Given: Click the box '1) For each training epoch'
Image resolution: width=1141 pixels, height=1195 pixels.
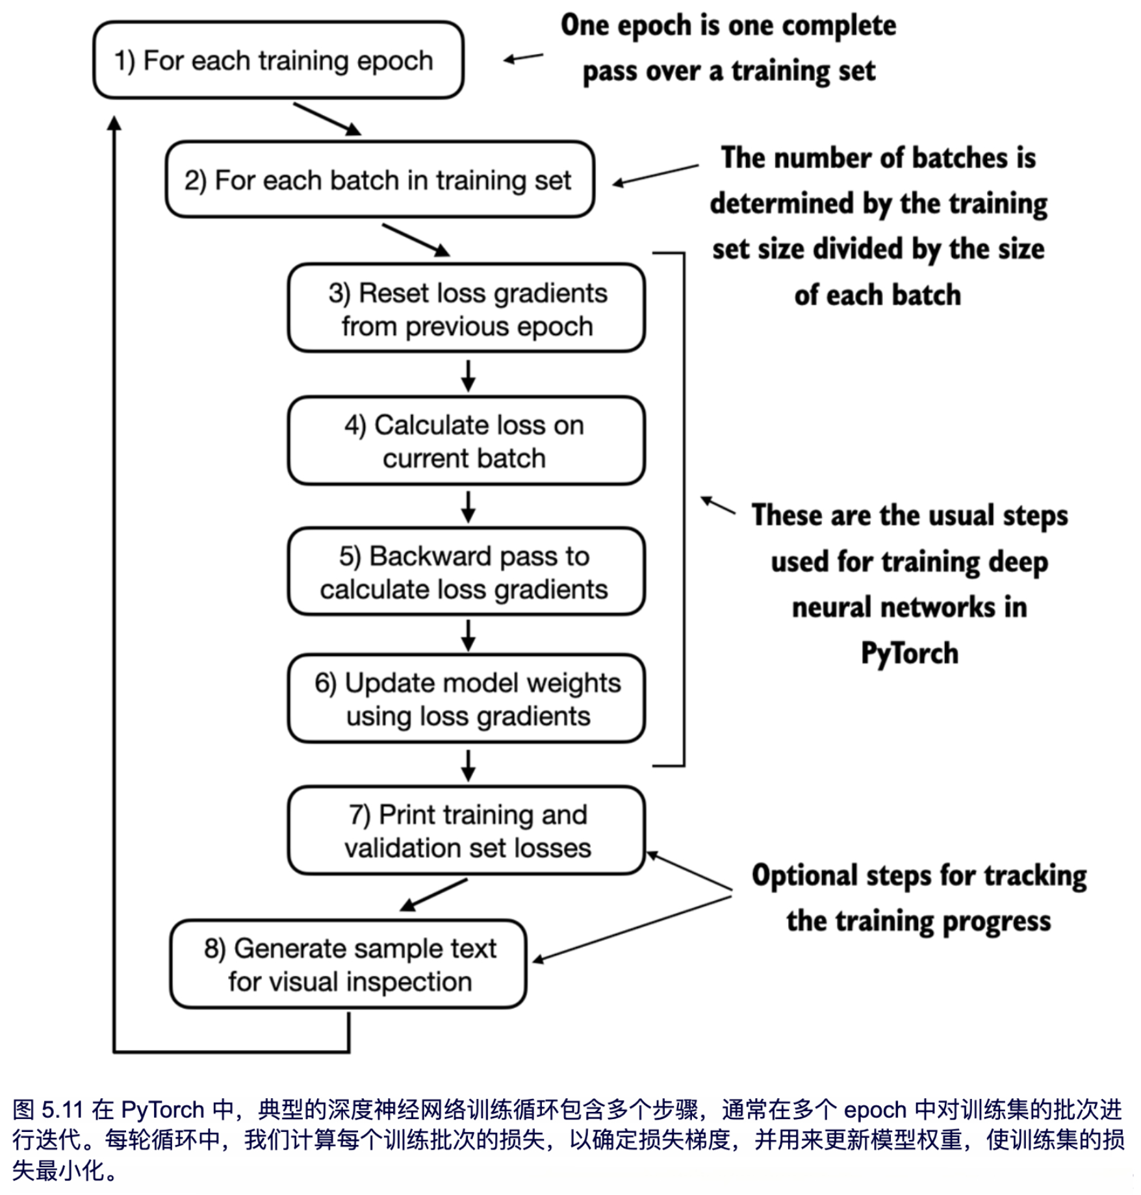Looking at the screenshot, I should click(278, 60).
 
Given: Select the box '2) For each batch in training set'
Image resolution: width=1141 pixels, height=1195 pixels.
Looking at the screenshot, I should click(379, 180).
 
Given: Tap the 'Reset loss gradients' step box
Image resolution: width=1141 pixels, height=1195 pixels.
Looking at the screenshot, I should click(467, 308).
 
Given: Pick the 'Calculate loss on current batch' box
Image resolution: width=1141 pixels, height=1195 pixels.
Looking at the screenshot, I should click(467, 441).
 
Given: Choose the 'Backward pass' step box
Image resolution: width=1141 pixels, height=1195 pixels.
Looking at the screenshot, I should click(467, 572).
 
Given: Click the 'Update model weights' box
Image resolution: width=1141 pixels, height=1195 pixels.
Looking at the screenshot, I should click(467, 699).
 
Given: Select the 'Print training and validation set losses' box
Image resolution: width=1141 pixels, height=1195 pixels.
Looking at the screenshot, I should click(467, 831).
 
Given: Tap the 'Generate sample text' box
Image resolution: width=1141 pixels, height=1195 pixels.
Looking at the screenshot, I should click(348, 964).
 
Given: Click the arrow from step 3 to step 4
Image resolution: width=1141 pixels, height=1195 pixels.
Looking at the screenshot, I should click(468, 375).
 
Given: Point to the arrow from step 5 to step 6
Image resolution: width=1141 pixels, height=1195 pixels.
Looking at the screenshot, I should click(468, 635).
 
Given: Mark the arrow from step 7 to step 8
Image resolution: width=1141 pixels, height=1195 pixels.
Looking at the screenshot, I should click(434, 894).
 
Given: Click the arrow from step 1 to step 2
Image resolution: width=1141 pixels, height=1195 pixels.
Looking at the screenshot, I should click(327, 119).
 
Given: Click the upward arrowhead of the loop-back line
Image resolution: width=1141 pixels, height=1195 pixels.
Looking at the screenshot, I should click(114, 123).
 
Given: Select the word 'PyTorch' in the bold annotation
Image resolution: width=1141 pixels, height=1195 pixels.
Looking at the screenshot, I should click(909, 653).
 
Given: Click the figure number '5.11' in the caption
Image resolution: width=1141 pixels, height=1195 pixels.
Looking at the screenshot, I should click(62, 1109).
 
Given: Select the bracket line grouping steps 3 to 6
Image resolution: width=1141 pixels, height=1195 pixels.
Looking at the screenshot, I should click(684, 509).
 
